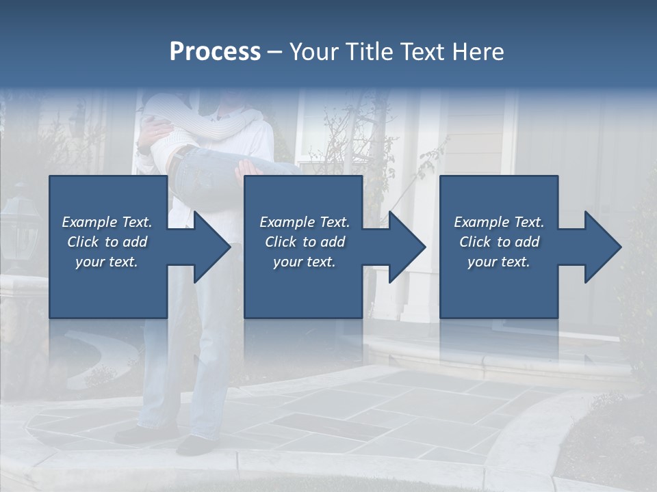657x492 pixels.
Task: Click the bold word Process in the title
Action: pyautogui.click(x=215, y=52)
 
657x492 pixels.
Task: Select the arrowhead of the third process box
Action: pyautogui.click(x=602, y=247)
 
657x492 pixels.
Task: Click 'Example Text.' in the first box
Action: pyautogui.click(x=107, y=222)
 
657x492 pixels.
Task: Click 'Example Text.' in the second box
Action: pyautogui.click(x=305, y=222)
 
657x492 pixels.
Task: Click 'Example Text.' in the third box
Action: pyautogui.click(x=499, y=222)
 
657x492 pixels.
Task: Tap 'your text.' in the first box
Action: pyautogui.click(x=107, y=262)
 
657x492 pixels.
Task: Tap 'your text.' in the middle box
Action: pyautogui.click(x=305, y=262)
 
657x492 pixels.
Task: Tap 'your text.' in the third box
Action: pyautogui.click(x=499, y=262)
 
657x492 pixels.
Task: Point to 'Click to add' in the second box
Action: pyautogui.click(x=305, y=242)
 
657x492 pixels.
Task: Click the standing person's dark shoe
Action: pyautogui.click(x=194, y=446)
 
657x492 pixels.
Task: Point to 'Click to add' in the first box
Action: pyautogui.click(x=107, y=242)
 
